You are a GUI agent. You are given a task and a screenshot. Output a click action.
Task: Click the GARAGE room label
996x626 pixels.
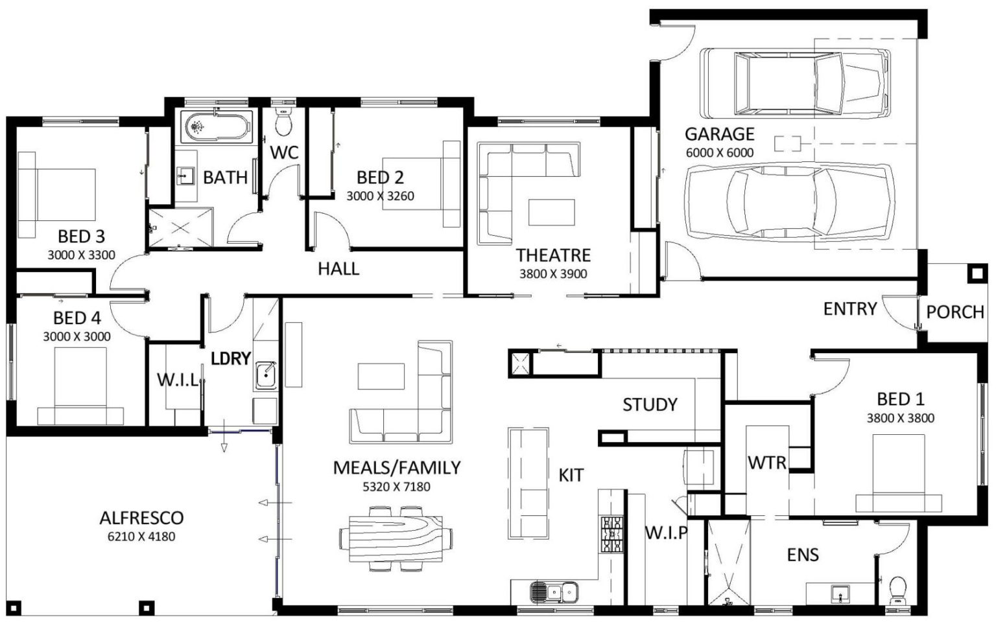pyautogui.click(x=719, y=134)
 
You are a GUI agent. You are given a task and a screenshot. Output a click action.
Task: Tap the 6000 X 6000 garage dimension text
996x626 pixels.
pyautogui.click(x=719, y=153)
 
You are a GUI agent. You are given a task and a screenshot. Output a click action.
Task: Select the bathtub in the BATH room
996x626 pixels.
pyautogui.click(x=217, y=128)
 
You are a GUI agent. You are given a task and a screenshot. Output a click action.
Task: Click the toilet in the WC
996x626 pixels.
pyautogui.click(x=284, y=121)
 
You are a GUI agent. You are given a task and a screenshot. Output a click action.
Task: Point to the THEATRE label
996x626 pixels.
pyautogui.click(x=553, y=255)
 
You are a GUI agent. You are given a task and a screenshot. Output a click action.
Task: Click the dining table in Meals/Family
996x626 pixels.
pyautogui.click(x=396, y=538)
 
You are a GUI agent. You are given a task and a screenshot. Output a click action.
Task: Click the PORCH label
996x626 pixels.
pyautogui.click(x=954, y=312)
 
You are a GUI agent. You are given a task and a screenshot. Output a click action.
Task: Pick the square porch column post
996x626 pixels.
pyautogui.click(x=977, y=274)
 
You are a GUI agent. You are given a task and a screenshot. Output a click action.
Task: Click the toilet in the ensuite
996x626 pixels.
pyautogui.click(x=898, y=590)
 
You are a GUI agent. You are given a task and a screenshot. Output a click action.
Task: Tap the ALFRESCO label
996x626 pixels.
pyautogui.click(x=141, y=518)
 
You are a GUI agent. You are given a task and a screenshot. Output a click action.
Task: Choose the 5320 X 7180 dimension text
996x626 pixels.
pyautogui.click(x=396, y=487)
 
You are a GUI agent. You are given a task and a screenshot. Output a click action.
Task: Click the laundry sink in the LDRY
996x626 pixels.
pyautogui.click(x=265, y=375)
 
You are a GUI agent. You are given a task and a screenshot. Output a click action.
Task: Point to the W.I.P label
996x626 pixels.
pyautogui.click(x=666, y=533)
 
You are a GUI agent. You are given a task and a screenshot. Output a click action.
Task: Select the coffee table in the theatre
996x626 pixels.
pyautogui.click(x=551, y=212)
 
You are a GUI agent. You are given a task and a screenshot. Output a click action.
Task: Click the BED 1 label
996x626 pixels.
pyautogui.click(x=900, y=399)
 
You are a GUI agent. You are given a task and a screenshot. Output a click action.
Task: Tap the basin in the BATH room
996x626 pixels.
pyautogui.click(x=185, y=176)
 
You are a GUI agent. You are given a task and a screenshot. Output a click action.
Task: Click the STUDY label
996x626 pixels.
pyautogui.click(x=650, y=405)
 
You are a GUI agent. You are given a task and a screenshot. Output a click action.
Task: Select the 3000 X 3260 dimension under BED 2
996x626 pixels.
pyautogui.click(x=380, y=196)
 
